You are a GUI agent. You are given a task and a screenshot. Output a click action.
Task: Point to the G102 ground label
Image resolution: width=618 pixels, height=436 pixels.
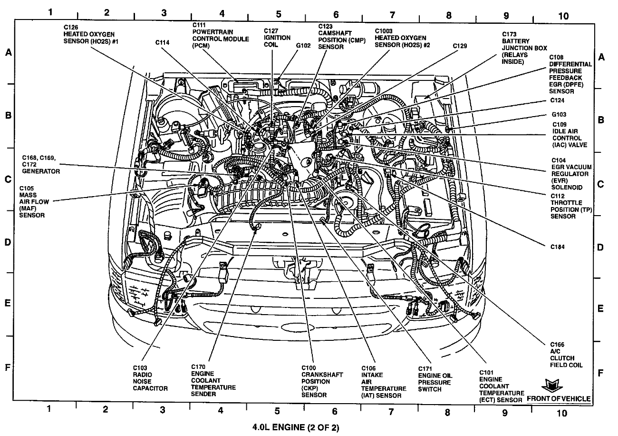pos(303,46)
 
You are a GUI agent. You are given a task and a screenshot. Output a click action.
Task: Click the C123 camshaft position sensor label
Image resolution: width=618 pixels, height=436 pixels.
pos(341,37)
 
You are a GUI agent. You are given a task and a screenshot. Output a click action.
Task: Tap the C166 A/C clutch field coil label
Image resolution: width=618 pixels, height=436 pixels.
pos(566,354)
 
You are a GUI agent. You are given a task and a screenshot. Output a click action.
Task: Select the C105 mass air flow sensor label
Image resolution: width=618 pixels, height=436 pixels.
pos(32,201)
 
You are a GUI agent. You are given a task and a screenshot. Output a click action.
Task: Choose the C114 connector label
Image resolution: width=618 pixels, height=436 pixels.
pos(162,42)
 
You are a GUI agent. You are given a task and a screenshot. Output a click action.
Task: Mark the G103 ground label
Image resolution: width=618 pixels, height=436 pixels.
pos(559,115)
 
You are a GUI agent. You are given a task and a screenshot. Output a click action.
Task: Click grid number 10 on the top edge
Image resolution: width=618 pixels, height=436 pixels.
pos(563,15)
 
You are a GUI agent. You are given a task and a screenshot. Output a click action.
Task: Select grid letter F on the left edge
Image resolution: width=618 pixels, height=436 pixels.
pos(8,367)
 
